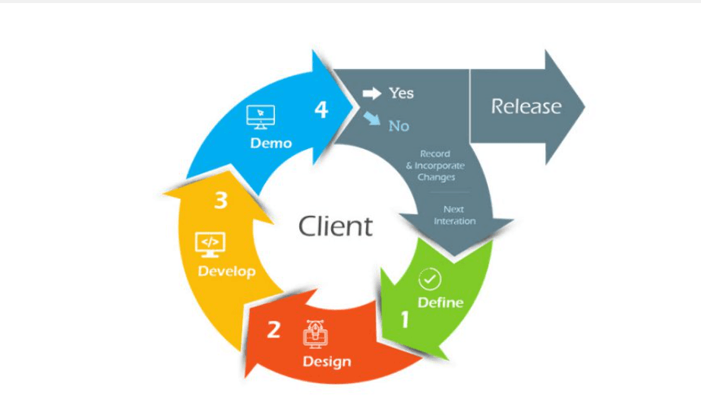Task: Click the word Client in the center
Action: (x=336, y=226)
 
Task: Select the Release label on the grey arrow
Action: (x=526, y=106)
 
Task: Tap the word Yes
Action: (x=401, y=93)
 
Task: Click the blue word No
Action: (x=399, y=126)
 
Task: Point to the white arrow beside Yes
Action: (x=371, y=93)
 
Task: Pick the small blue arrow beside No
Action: (x=372, y=120)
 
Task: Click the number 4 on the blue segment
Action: (x=321, y=111)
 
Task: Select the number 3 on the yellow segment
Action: (x=221, y=201)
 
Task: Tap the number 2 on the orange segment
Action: (x=273, y=330)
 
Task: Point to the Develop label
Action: (x=227, y=271)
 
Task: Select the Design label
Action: (x=327, y=360)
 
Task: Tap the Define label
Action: (x=440, y=302)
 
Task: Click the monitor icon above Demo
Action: (x=261, y=116)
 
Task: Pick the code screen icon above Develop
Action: (x=210, y=243)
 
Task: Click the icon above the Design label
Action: (x=314, y=333)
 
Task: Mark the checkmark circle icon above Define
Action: (x=430, y=279)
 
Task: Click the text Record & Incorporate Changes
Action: (x=436, y=166)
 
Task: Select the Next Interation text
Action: (x=454, y=215)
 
